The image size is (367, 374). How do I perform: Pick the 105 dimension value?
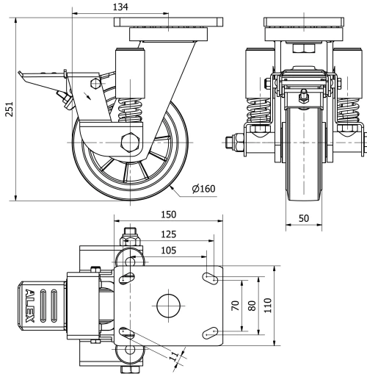pos(167,251)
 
